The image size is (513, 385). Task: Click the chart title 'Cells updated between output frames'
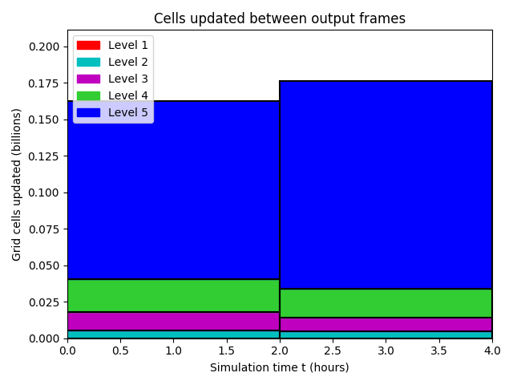(x=280, y=18)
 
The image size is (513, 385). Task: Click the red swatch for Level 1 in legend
(x=88, y=45)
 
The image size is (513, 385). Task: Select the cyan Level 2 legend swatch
(x=88, y=63)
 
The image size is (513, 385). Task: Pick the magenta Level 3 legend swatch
(x=88, y=79)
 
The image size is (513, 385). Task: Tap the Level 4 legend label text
(x=128, y=95)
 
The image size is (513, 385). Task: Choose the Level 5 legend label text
(x=128, y=112)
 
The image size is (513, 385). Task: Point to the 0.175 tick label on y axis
(x=44, y=83)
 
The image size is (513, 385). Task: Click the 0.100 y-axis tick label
(x=44, y=192)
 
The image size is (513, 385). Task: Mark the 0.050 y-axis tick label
(x=44, y=265)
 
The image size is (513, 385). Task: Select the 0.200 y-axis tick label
(x=44, y=47)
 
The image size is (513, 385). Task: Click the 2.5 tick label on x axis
(x=333, y=351)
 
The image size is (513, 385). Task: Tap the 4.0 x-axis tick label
(x=492, y=351)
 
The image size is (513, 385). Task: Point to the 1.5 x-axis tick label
(x=226, y=351)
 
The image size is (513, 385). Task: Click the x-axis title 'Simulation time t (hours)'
(x=280, y=367)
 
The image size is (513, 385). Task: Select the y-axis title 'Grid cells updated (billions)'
(x=16, y=184)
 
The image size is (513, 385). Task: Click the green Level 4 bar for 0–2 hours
(x=173, y=296)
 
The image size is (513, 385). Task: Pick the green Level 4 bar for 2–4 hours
(x=386, y=303)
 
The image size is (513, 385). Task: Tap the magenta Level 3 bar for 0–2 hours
(x=173, y=321)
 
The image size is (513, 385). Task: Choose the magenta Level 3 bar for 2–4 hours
(x=386, y=324)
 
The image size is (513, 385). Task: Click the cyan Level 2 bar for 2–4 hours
(x=386, y=335)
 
